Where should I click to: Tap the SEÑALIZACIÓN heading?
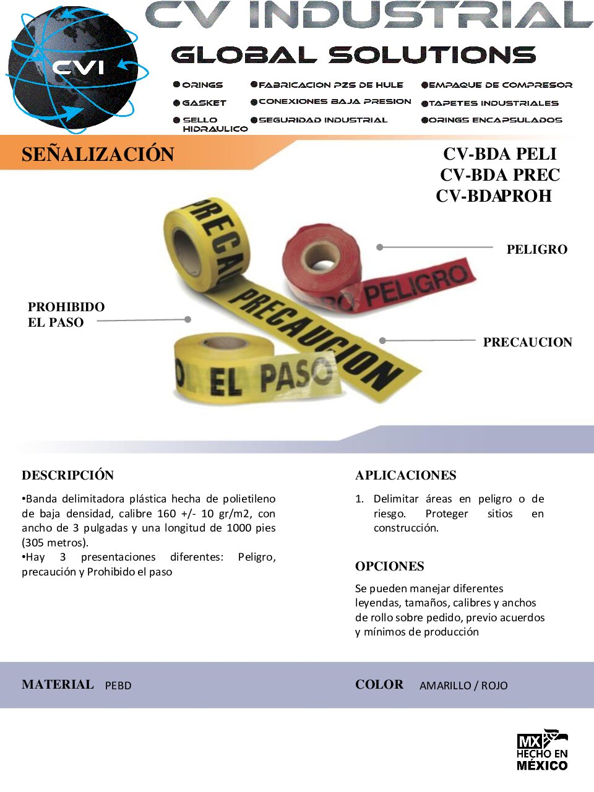point(98,154)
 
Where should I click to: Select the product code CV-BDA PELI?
point(500,154)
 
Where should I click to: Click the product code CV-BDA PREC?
point(500,175)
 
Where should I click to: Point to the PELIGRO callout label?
point(536,249)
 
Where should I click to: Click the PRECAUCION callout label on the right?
point(527,342)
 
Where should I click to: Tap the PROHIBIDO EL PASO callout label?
point(66,314)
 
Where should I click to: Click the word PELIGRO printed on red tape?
point(416,284)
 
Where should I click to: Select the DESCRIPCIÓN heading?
point(67,475)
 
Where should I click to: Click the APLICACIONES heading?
point(405,475)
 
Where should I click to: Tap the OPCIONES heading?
point(389,566)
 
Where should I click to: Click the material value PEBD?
point(118,686)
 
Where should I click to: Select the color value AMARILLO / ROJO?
point(463,686)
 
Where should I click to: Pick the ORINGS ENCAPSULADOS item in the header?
point(495,120)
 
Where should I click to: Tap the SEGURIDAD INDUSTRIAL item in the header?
point(322,120)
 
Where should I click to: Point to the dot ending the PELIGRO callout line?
point(380,247)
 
